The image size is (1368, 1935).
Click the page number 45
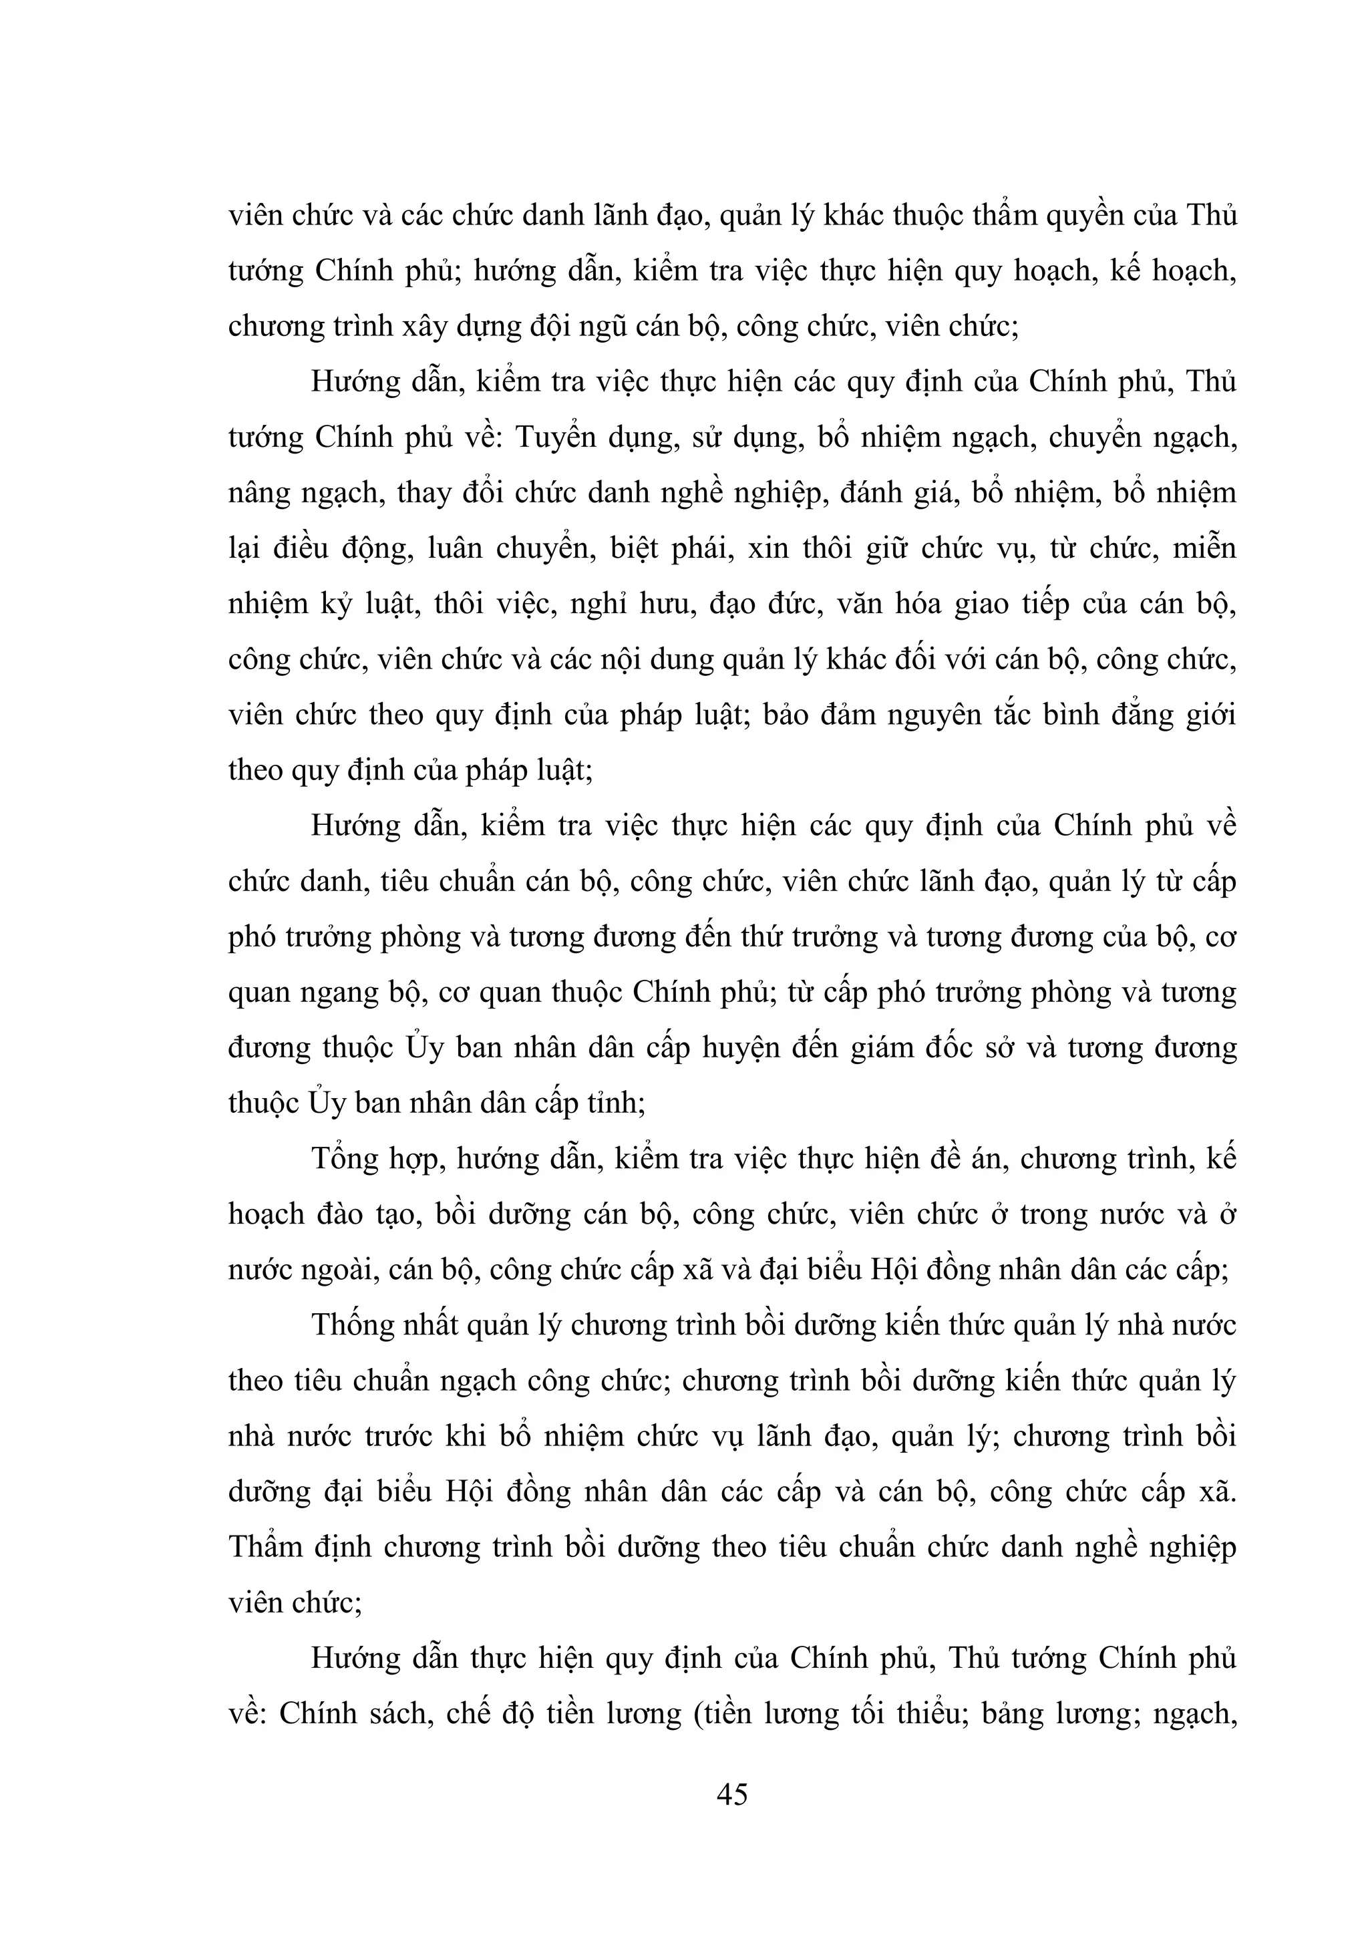coord(731,1794)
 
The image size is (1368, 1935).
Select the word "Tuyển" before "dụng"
coord(554,438)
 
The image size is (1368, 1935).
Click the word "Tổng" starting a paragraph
coord(345,1160)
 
